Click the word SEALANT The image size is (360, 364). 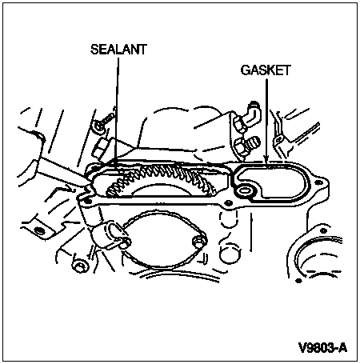coord(118,50)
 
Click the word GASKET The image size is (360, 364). coord(266,70)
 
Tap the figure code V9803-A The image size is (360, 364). coord(322,348)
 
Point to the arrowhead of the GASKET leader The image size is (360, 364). coord(266,159)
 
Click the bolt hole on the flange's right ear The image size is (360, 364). coord(318,182)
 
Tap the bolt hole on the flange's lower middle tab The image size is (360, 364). coord(228,204)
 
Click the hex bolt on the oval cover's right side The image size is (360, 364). coord(198,242)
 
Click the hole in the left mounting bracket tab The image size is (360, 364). coord(40,230)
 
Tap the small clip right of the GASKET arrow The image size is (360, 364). coord(279,139)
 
